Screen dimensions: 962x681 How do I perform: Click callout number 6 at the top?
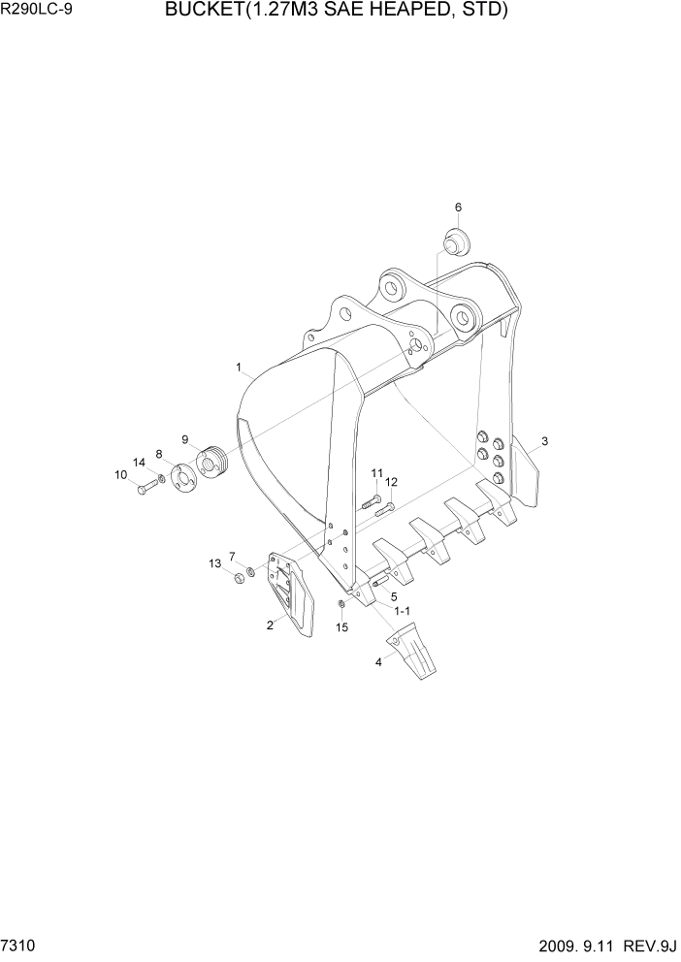[x=458, y=207]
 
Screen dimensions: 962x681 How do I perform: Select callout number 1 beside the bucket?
[x=239, y=368]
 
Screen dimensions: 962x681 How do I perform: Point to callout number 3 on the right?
[x=545, y=441]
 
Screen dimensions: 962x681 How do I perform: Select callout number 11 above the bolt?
[x=375, y=472]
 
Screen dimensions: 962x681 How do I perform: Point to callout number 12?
[x=391, y=481]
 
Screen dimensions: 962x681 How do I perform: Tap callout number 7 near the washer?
[x=232, y=556]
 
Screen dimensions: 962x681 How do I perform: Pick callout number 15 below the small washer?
[x=341, y=627]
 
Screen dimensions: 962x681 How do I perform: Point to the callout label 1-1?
[x=402, y=610]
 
